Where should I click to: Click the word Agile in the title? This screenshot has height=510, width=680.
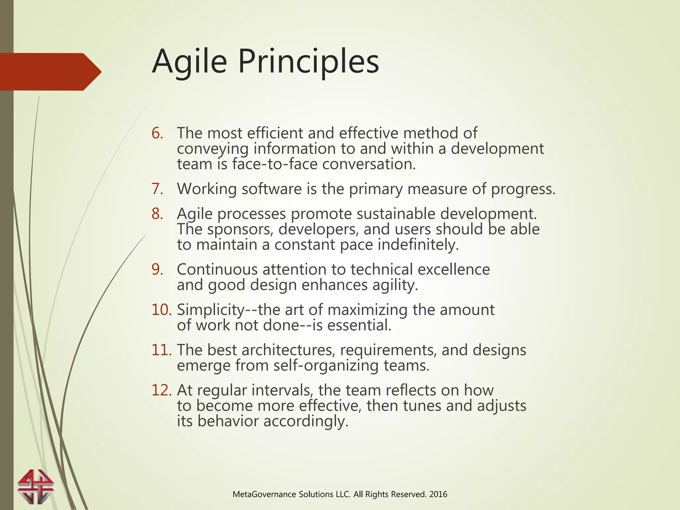click(x=189, y=62)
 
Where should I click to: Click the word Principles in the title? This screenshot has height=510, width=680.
click(x=308, y=62)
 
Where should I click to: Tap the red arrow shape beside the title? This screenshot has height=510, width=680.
click(x=50, y=72)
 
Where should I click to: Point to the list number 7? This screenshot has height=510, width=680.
click(x=157, y=189)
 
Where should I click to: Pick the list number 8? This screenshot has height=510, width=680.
click(x=157, y=214)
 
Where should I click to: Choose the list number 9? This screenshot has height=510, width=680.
click(x=157, y=270)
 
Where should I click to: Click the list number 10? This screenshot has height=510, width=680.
click(x=161, y=310)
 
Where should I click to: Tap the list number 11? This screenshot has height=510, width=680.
click(x=161, y=350)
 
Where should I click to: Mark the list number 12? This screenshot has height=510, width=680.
click(x=161, y=390)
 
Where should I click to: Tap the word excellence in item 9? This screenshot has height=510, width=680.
click(x=453, y=270)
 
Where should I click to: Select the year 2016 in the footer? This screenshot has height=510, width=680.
click(x=438, y=494)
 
